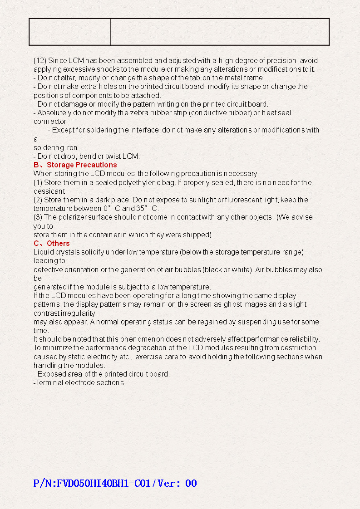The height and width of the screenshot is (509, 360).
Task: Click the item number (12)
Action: (40, 60)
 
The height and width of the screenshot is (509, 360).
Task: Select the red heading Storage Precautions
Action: (82, 165)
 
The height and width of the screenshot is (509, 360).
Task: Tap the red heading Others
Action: (58, 243)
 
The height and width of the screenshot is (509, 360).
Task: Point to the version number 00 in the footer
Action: (191, 483)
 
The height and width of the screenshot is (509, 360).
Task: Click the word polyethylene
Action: (139, 182)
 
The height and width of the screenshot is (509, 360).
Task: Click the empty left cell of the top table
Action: (70, 32)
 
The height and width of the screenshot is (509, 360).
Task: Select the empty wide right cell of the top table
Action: (220, 32)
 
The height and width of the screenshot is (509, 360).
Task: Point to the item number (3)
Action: (38, 217)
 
